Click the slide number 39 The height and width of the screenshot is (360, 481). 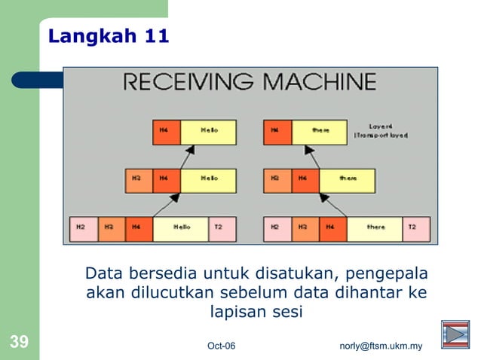pyautogui.click(x=19, y=343)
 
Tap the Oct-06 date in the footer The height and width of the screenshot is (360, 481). pyautogui.click(x=221, y=346)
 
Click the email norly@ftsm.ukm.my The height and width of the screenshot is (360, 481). pyautogui.click(x=381, y=346)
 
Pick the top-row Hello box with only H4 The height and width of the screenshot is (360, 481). pyautogui.click(x=208, y=131)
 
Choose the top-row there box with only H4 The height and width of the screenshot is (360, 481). pyautogui.click(x=320, y=131)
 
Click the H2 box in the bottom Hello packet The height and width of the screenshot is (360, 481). pyautogui.click(x=83, y=227)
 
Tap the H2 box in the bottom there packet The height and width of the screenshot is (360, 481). pyautogui.click(x=276, y=227)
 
